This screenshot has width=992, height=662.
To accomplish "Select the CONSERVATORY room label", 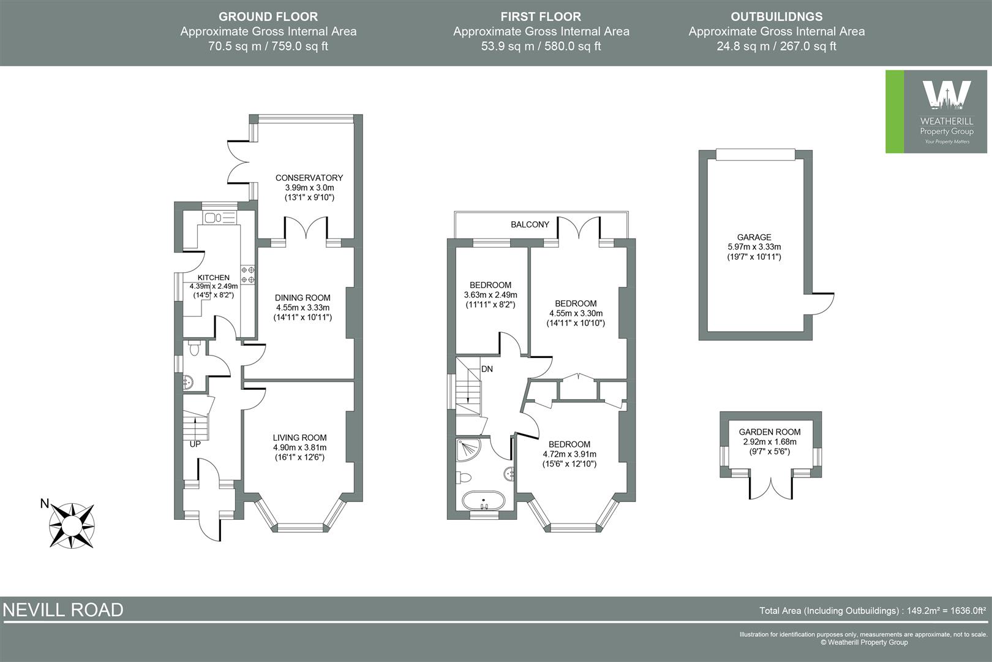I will (x=309, y=178).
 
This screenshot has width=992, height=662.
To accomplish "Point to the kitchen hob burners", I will (x=249, y=274).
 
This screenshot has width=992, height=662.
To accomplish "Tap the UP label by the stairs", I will (x=195, y=444).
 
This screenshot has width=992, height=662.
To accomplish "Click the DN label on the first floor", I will (x=487, y=369).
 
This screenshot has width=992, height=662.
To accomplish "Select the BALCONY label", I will (x=530, y=225).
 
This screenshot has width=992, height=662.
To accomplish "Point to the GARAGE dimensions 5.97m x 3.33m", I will (x=754, y=247).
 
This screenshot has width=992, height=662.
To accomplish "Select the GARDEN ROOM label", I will (x=769, y=432).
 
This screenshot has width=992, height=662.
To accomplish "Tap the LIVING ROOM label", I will (x=299, y=438).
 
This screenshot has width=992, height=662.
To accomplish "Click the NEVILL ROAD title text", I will (x=63, y=610).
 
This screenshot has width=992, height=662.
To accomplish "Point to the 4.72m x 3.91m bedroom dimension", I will (x=569, y=454).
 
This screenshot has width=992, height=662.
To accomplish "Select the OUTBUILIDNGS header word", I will (x=776, y=17).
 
